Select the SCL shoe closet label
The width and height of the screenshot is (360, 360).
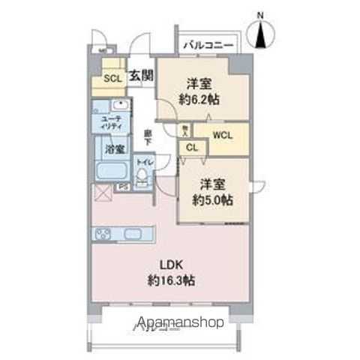tap(112, 78)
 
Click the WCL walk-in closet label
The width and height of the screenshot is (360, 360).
tap(222, 135)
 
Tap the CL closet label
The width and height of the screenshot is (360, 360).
tap(191, 148)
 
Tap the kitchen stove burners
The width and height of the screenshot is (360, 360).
tap(102, 234)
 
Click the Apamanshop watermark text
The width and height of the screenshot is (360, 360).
tap(178, 325)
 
